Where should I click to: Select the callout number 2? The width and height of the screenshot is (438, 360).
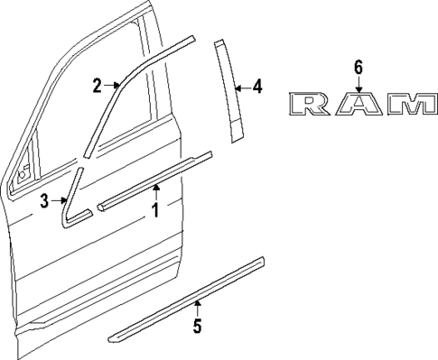click(97, 86)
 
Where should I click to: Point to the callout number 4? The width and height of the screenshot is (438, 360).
click(257, 88)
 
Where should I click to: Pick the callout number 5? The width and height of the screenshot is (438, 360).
click(196, 325)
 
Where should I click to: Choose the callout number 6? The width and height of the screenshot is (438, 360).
click(358, 67)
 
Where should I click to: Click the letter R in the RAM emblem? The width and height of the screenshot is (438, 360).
click(312, 105)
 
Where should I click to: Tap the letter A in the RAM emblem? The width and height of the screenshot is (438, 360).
click(358, 105)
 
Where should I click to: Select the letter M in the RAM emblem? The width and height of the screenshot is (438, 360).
click(409, 105)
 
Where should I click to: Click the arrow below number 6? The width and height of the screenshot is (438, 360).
click(358, 85)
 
